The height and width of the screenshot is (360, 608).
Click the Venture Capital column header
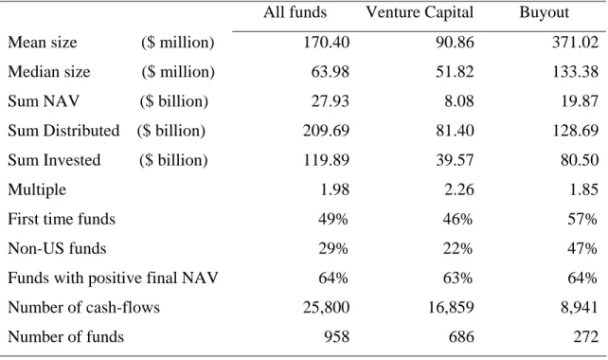(x=420, y=12)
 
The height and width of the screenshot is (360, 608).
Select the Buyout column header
(x=544, y=12)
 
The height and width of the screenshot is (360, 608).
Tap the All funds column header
(x=295, y=12)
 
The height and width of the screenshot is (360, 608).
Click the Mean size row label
(x=43, y=43)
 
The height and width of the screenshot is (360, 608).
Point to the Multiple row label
(x=37, y=189)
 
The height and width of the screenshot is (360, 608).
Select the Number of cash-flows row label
(x=83, y=307)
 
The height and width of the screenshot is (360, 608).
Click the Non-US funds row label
(x=57, y=248)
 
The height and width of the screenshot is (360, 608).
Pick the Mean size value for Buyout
(x=576, y=43)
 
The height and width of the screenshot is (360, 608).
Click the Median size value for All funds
(x=330, y=72)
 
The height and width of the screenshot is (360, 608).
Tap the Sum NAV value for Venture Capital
(x=459, y=101)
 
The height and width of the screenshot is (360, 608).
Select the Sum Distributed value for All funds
(x=326, y=131)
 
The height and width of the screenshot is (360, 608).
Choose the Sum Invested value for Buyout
(x=580, y=160)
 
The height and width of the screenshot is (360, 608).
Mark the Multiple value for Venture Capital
(x=459, y=189)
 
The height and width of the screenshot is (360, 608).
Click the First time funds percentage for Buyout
(x=582, y=219)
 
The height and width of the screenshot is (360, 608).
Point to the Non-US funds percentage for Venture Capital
(x=458, y=248)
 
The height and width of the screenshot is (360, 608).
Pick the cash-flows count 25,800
(x=326, y=307)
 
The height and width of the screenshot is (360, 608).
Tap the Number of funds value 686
(x=461, y=336)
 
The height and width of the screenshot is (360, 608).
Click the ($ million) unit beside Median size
(x=178, y=72)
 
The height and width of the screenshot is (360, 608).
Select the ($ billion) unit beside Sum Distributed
(x=171, y=131)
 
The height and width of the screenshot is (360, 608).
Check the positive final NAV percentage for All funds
(x=333, y=278)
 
